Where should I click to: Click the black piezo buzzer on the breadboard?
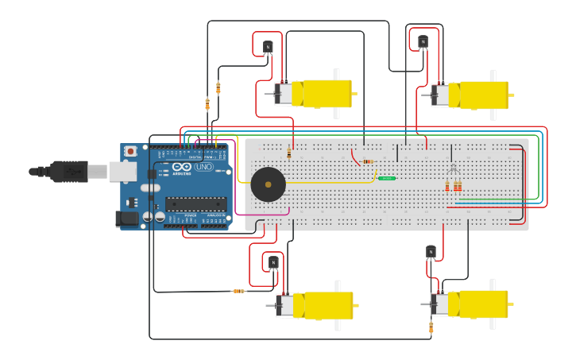click(x=268, y=184)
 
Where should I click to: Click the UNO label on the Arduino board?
click(x=204, y=167)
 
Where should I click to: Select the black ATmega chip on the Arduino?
click(x=195, y=203)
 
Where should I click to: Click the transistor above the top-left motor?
click(x=268, y=47)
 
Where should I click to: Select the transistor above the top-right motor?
click(x=423, y=41)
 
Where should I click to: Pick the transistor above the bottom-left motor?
click(x=273, y=262)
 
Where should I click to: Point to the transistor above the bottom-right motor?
click(x=431, y=252)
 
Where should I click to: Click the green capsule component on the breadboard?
click(x=387, y=178)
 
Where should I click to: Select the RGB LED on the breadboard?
click(x=452, y=169)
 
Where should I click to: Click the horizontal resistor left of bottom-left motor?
click(x=238, y=291)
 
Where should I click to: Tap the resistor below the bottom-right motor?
click(x=431, y=327)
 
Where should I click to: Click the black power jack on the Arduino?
click(x=126, y=218)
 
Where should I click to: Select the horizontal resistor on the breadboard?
click(x=367, y=162)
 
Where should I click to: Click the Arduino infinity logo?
click(x=182, y=167)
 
